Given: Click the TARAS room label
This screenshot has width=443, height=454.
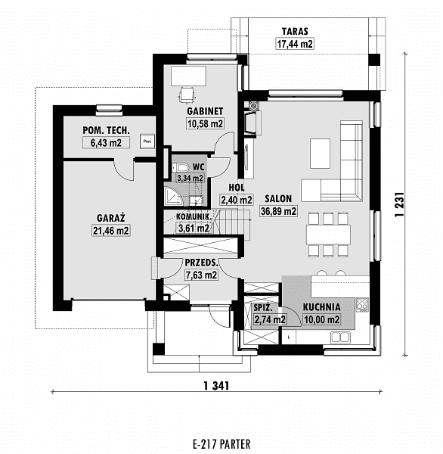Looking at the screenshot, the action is tap(295, 31).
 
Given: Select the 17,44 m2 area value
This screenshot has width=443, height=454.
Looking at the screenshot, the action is tap(295, 45).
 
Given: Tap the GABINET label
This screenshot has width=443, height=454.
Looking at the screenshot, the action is tap(205, 111).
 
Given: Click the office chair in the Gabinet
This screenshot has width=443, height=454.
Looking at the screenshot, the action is tap(186, 95).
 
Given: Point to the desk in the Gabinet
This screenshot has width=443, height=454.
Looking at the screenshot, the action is tap(188, 76).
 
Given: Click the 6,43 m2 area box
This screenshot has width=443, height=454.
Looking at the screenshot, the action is tap(106, 143).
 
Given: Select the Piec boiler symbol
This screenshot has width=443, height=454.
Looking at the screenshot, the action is tap(147, 141).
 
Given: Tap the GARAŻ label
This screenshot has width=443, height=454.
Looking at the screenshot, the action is tap(111, 218).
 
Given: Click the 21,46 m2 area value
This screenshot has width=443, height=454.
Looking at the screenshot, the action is tap(111, 231).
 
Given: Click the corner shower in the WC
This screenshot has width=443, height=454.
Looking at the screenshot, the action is tap(173, 196).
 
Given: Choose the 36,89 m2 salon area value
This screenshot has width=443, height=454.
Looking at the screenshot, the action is tap(278, 211).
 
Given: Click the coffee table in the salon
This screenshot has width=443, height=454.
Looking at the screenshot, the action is tap(320, 154).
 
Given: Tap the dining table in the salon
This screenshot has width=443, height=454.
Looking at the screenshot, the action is tap(328, 235).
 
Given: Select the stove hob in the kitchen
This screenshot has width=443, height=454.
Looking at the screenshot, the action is tap(363, 305).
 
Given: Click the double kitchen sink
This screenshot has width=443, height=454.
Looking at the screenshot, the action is tap(341, 337).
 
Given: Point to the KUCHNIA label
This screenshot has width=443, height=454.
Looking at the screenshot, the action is tap(321, 307).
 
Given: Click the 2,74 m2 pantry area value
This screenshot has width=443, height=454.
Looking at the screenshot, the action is tap(270, 319).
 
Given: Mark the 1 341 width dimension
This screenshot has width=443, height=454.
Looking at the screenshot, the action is tap(216, 386).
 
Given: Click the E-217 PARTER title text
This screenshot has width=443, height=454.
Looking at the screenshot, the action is tap(221, 443).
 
